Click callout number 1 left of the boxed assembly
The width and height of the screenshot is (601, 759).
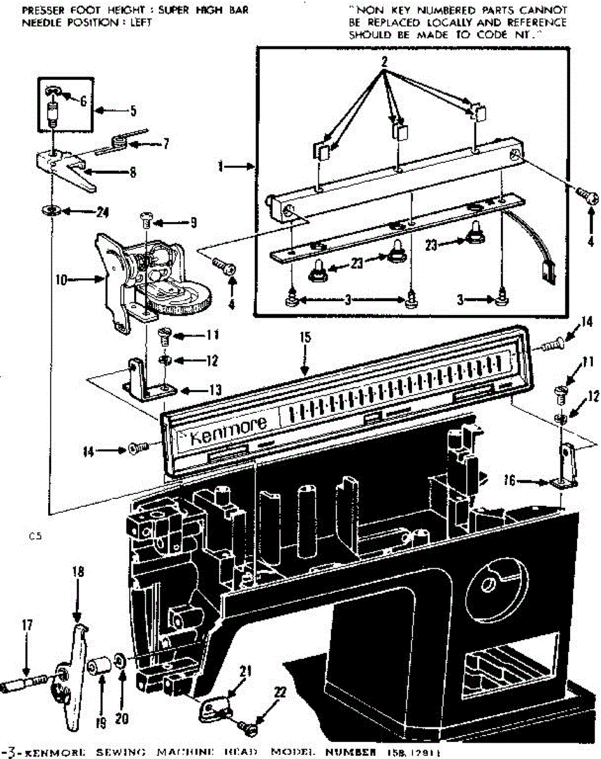(220, 166)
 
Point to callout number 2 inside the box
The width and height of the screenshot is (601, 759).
(383, 61)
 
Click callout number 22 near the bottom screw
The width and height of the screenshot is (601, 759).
(279, 691)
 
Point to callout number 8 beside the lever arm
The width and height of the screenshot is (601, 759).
(132, 171)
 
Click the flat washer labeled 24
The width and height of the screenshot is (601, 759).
(50, 209)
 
